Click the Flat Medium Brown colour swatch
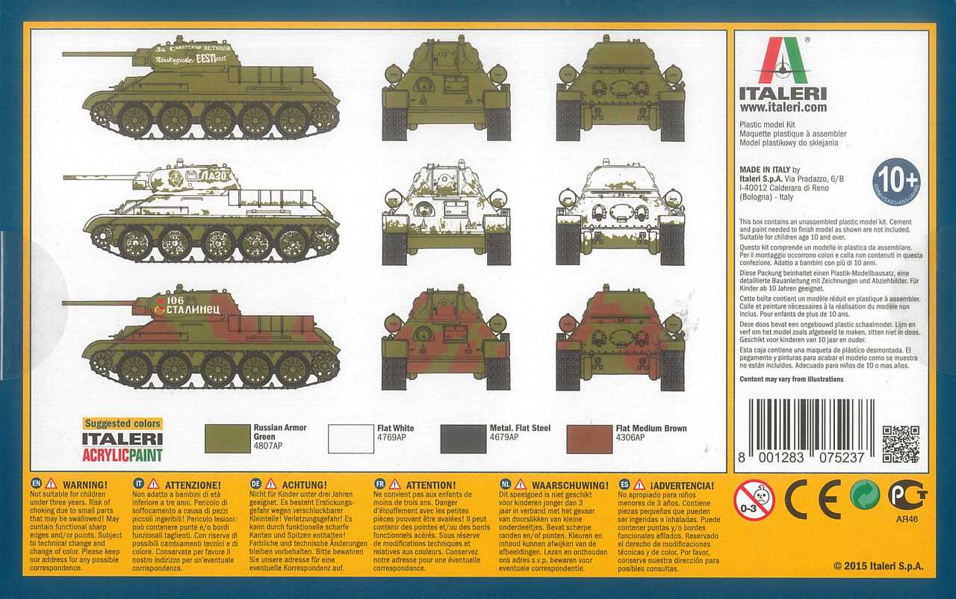coord(589,438)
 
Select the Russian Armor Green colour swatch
coord(227,438)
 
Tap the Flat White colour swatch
coord(351,438)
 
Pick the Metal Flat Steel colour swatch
coord(463,438)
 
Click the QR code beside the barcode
coord(900,444)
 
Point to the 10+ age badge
coord(896,182)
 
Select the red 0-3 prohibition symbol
coord(754,499)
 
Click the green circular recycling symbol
coord(865,494)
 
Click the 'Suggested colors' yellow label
coord(122,423)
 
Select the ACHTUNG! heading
coord(305,485)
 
